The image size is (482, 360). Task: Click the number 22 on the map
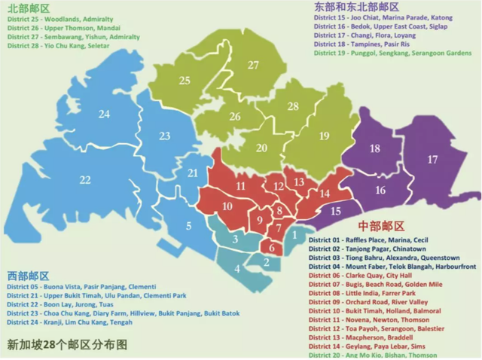[85, 180]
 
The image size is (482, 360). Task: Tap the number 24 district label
[104, 114]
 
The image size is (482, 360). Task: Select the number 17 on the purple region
[432, 160]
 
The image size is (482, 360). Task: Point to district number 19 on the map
[323, 136]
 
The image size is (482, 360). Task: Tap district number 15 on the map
[336, 212]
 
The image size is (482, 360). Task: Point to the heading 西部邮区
[28, 276]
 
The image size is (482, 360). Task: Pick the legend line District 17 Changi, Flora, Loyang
[367, 35]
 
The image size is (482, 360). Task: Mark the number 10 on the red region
[227, 206]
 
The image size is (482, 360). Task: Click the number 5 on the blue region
[188, 224]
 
